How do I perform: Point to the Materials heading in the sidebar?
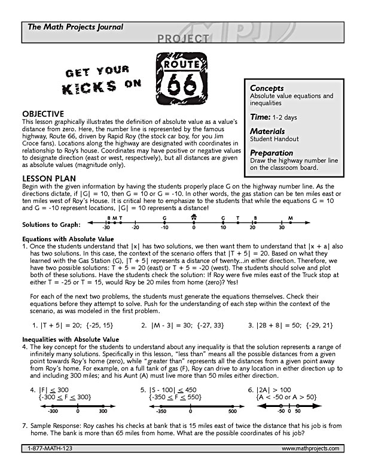[x=268, y=131]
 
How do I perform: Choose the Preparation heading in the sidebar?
[x=272, y=153]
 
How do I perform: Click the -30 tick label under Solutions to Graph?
[x=106, y=228]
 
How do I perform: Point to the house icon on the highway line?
[x=194, y=218]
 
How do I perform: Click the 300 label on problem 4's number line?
[x=103, y=412]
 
